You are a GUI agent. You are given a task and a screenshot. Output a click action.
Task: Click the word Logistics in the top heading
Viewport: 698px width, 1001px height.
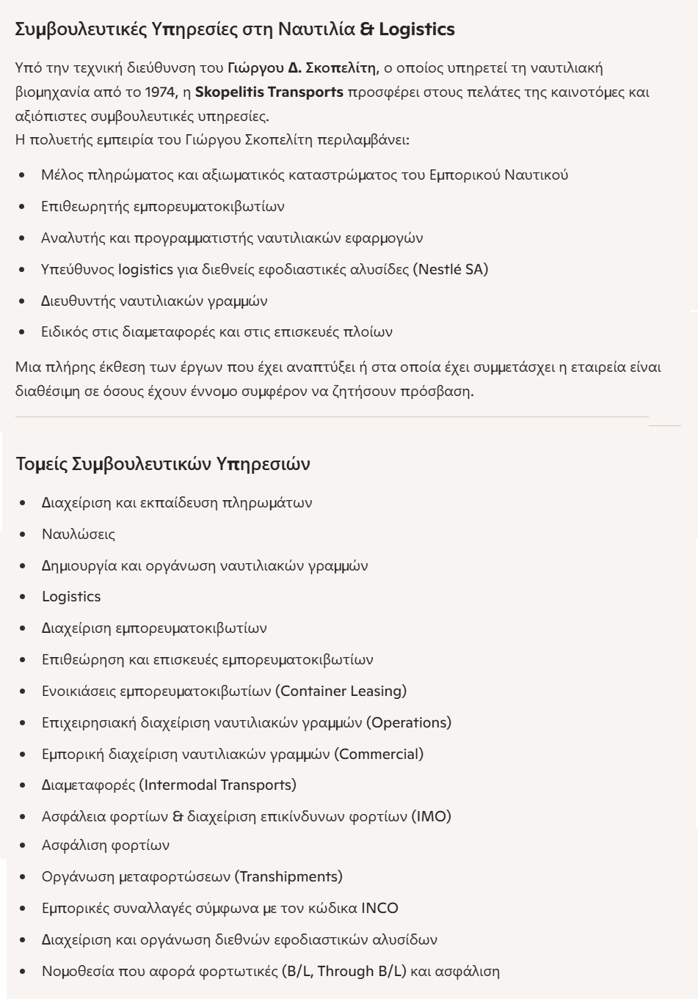pyautogui.click(x=417, y=29)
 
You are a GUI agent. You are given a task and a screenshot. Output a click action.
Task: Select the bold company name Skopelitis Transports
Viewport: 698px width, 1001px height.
pyautogui.click(x=269, y=92)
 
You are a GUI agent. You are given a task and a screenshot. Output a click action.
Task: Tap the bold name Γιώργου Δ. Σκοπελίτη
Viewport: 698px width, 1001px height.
pyautogui.click(x=302, y=68)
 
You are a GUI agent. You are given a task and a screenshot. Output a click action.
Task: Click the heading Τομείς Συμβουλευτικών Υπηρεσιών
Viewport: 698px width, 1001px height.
pyautogui.click(x=163, y=464)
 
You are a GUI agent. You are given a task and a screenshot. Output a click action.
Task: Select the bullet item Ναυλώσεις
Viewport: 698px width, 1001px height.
pyautogui.click(x=79, y=534)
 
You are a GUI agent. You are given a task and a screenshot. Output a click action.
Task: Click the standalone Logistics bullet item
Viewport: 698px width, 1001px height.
pyautogui.click(x=71, y=597)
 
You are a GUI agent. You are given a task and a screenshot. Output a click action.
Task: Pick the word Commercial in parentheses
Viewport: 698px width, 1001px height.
pyautogui.click(x=379, y=754)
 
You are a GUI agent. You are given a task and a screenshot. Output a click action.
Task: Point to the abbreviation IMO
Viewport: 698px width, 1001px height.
pyautogui.click(x=431, y=816)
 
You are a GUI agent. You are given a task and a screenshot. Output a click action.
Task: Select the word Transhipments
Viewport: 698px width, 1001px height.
pyautogui.click(x=288, y=877)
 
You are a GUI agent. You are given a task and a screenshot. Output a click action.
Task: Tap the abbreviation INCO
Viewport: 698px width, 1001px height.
pyautogui.click(x=379, y=909)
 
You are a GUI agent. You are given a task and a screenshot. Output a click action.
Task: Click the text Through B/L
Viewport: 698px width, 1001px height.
pyautogui.click(x=361, y=972)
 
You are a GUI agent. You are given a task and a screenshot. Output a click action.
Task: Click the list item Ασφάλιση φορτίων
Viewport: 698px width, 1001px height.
pyautogui.click(x=106, y=846)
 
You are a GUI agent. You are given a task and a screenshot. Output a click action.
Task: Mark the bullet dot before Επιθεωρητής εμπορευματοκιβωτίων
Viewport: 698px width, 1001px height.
pyautogui.click(x=23, y=207)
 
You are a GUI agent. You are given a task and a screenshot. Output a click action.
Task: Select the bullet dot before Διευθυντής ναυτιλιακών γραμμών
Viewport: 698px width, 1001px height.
pyautogui.click(x=23, y=301)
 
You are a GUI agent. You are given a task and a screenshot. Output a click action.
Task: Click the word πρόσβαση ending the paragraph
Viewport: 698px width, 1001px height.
pyautogui.click(x=437, y=391)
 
